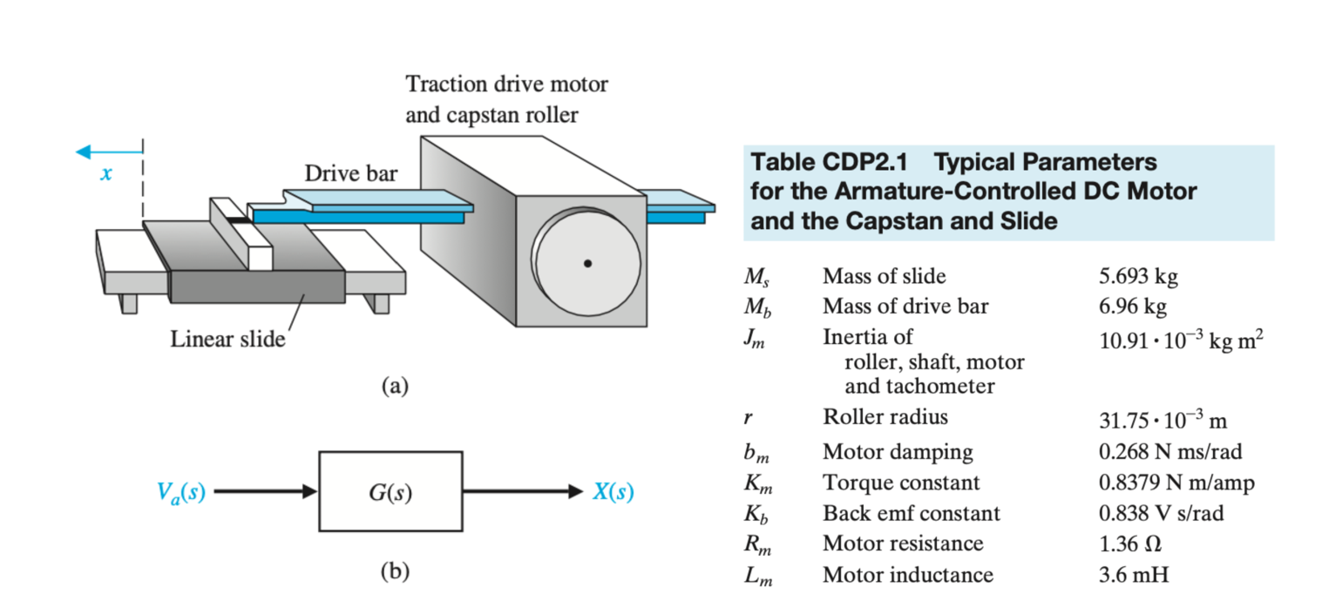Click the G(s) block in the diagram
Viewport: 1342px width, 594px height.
pos(390,492)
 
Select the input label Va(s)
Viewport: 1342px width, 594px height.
pos(181,492)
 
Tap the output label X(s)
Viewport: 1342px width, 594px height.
pos(613,492)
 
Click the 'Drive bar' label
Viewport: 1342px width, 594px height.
pos(350,173)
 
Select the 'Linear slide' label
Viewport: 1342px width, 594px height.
pos(227,338)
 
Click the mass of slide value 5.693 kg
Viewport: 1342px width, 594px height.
pos(1138,277)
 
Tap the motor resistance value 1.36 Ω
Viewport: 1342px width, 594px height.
pos(1130,543)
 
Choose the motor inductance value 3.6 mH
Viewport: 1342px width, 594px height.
pos(1133,574)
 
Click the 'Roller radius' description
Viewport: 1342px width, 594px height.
pos(885,417)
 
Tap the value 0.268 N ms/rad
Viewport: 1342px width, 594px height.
pos(1170,452)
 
